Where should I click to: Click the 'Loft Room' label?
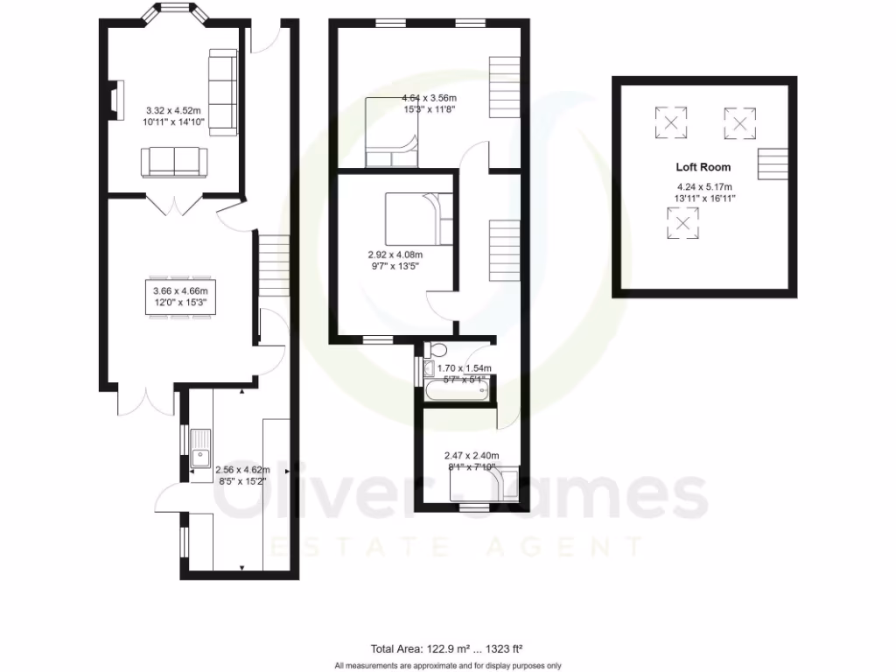coord(703,166)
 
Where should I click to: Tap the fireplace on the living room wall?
coord(115,96)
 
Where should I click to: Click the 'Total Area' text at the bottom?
coord(447,648)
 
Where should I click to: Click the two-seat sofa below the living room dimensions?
coord(174,161)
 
